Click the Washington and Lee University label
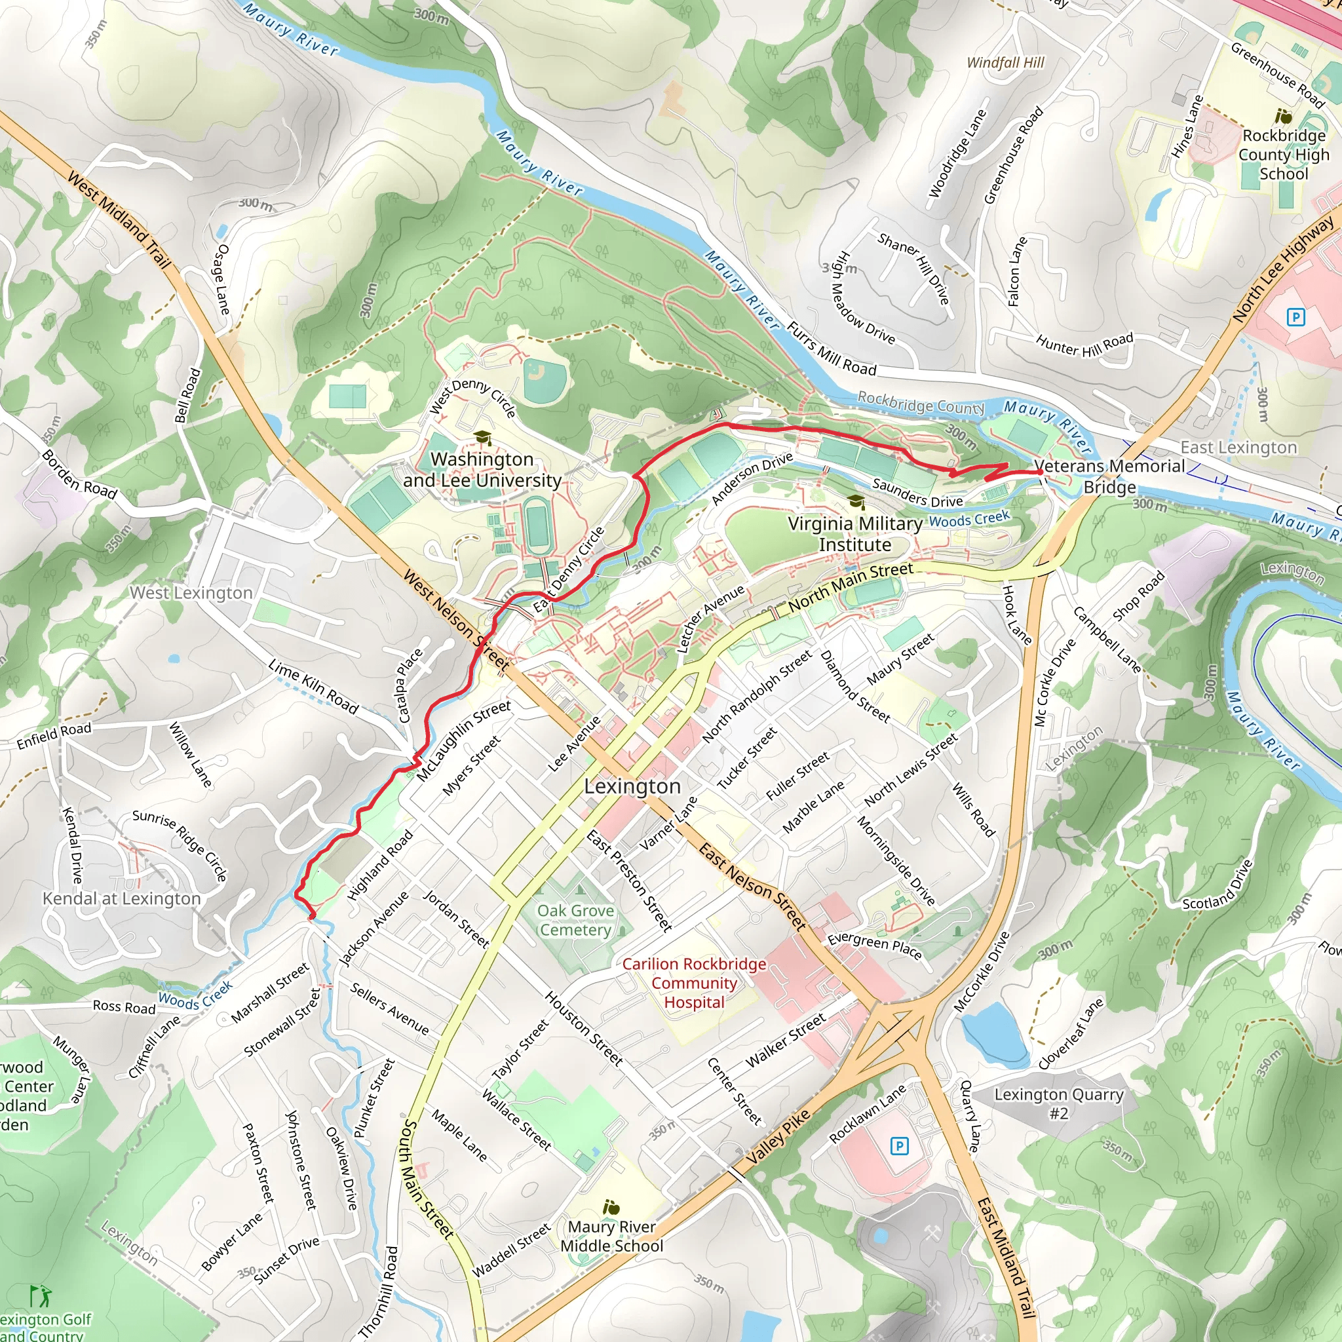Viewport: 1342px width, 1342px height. (x=482, y=470)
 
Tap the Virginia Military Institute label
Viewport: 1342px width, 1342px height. (x=854, y=534)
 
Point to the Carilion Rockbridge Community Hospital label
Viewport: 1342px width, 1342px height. (x=694, y=983)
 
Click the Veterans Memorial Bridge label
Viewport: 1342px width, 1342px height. (x=1109, y=476)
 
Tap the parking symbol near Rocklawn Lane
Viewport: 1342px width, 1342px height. (x=899, y=1145)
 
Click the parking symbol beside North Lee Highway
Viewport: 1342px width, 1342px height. (x=1295, y=317)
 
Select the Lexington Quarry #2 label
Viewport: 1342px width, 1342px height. (x=1059, y=1103)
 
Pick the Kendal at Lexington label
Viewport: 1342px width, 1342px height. (x=122, y=899)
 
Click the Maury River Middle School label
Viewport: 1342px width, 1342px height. (x=611, y=1237)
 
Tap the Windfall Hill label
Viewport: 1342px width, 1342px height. (x=1005, y=62)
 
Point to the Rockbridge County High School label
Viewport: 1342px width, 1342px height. (x=1284, y=154)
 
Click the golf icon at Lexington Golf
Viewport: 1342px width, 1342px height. (x=40, y=1295)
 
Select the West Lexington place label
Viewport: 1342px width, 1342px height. (x=191, y=592)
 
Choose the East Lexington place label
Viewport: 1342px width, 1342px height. (x=1238, y=448)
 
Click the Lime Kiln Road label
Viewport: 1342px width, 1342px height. (x=313, y=687)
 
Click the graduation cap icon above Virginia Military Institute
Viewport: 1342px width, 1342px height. (x=856, y=501)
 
